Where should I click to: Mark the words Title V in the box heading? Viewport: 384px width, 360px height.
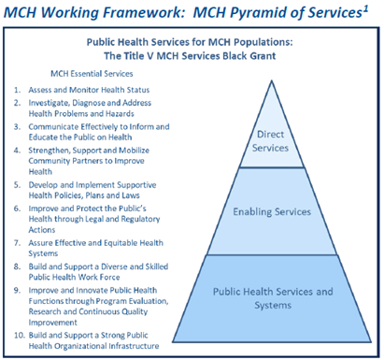(x=157, y=55)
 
